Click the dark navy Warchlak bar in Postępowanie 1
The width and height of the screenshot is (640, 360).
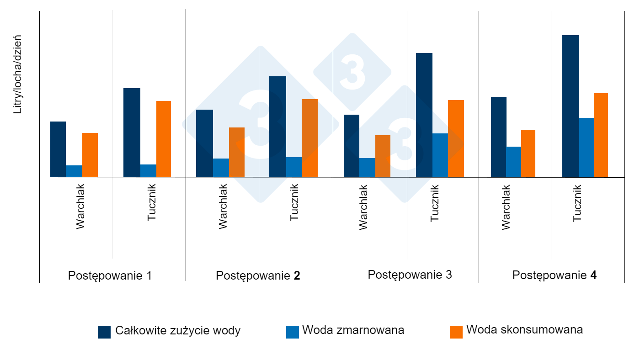coord(58,149)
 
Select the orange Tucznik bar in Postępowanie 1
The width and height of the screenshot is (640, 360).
coord(164,139)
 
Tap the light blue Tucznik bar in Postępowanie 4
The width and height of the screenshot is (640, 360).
coord(587,147)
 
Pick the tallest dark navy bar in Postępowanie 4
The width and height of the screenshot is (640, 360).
coord(571,106)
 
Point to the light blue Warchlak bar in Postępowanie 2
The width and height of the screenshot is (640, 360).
coord(221,168)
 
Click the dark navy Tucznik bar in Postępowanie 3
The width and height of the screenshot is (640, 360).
coord(424,115)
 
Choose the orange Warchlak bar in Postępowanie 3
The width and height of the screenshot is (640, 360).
coord(383,156)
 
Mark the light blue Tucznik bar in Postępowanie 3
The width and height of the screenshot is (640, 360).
coord(440,155)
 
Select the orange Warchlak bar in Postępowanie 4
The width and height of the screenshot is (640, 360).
coord(528,153)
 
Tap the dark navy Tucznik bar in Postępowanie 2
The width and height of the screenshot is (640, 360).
coord(277,127)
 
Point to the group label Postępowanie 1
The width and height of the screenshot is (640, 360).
coord(110,276)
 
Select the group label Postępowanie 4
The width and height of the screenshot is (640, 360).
coord(554,275)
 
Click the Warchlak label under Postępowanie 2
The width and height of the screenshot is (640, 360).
coord(223,206)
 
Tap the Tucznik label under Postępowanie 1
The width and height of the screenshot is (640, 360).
coord(152,203)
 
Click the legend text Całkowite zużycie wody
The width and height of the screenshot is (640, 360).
coord(178,331)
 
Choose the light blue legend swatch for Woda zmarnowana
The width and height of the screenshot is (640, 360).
coord(293,332)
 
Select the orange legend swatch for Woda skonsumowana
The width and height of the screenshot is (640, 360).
coord(456,332)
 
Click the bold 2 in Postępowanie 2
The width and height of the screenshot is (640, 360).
coord(297,276)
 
